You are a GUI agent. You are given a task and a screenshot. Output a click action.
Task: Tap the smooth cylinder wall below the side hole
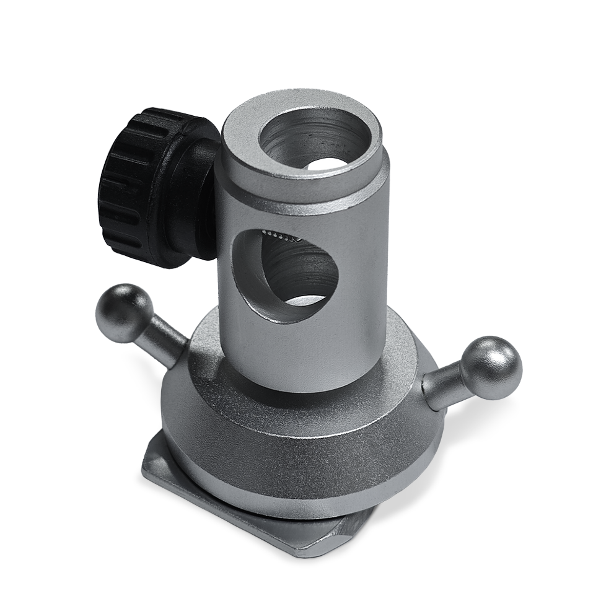point(297,353)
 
